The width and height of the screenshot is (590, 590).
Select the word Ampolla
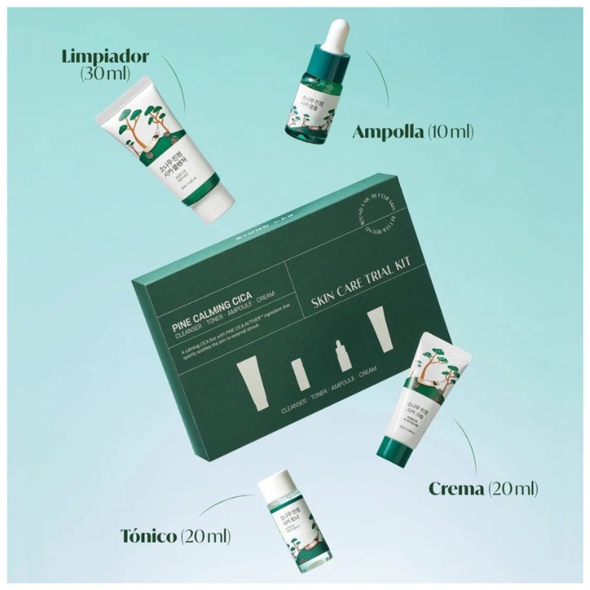pos(388,132)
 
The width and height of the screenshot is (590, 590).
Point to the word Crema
pos(456,489)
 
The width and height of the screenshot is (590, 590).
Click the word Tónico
pos(148,535)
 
